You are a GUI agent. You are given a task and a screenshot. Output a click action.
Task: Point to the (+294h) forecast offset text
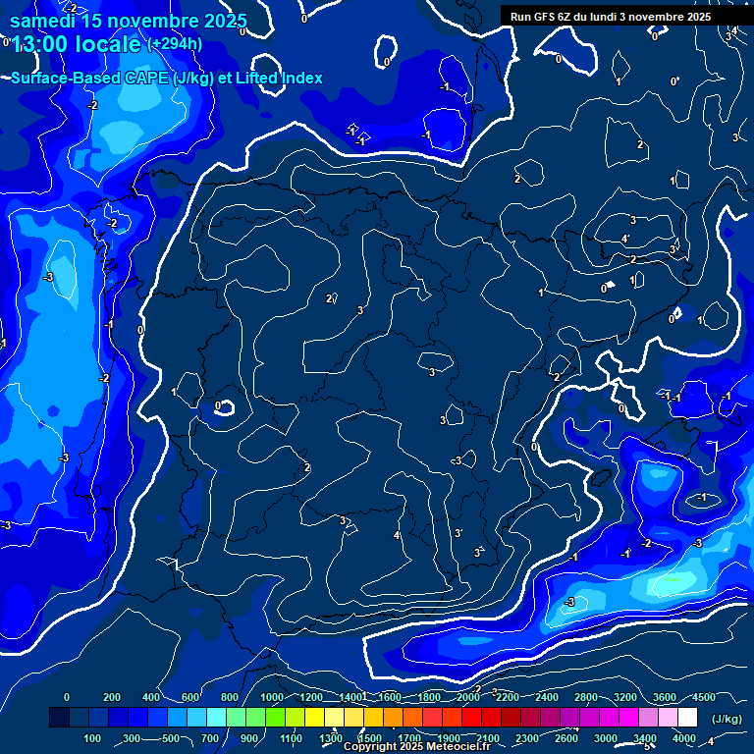(x=176, y=43)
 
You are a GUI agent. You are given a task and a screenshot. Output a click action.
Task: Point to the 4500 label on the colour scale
(x=704, y=697)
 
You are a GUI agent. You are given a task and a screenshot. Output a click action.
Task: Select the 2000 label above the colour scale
(x=468, y=697)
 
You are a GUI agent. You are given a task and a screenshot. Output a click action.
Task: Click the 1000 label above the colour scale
(x=272, y=697)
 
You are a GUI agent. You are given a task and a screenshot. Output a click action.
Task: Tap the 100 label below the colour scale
(x=93, y=738)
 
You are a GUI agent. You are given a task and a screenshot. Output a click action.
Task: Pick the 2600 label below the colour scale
(x=566, y=738)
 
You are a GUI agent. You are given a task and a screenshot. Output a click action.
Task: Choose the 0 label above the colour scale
(x=67, y=697)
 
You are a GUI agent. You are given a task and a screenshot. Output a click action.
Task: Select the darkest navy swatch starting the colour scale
(x=59, y=718)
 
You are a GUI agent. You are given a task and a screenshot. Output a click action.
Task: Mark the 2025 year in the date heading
(x=221, y=21)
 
